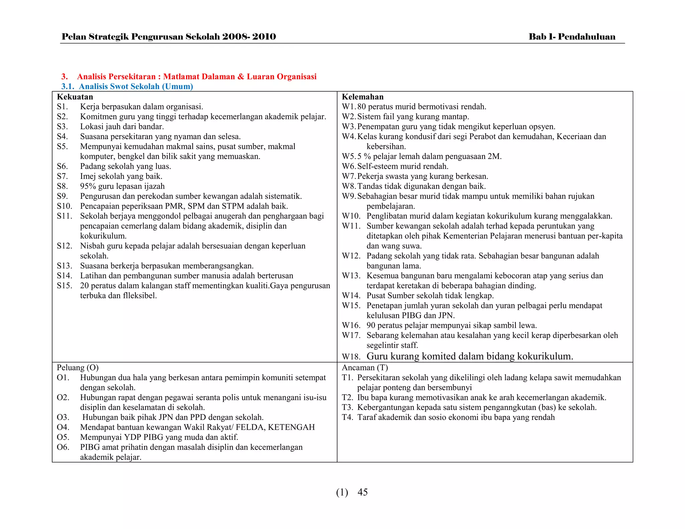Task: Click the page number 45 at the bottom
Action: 363,492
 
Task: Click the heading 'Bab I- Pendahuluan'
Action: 572,37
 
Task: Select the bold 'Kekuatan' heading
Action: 75,97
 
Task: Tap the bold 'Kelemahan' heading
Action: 363,97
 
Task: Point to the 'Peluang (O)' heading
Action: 78,367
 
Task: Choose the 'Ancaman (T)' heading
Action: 365,367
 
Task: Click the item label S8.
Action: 62,186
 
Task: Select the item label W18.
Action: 351,357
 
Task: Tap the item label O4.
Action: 63,427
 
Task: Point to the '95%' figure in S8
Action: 88,186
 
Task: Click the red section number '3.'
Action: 65,77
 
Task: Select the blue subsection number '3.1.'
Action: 68,87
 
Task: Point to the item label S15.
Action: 64,286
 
